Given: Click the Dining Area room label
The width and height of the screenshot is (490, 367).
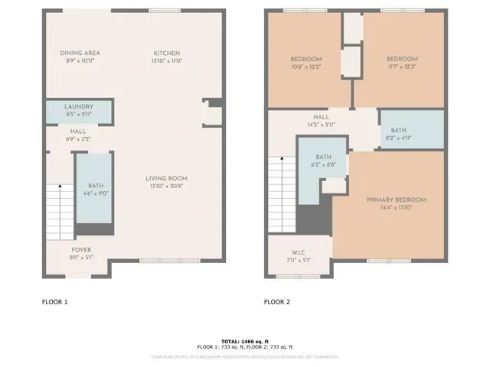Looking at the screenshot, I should pyautogui.click(x=80, y=53).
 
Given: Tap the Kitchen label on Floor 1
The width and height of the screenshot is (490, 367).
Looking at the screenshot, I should pyautogui.click(x=165, y=53).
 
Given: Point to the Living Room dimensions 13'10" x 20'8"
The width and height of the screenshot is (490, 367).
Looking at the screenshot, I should pyautogui.click(x=167, y=186).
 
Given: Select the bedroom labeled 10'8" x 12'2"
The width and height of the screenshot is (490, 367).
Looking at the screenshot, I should pyautogui.click(x=305, y=63).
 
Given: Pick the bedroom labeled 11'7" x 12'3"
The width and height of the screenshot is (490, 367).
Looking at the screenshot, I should pyautogui.click(x=401, y=63).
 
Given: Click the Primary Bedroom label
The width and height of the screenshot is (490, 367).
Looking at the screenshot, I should pyautogui.click(x=396, y=200).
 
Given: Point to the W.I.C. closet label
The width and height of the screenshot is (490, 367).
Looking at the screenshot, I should pyautogui.click(x=300, y=255).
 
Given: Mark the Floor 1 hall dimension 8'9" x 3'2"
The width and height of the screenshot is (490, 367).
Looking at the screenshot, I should pyautogui.click(x=80, y=140).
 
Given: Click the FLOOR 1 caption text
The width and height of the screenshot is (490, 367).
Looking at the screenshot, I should pyautogui.click(x=54, y=302).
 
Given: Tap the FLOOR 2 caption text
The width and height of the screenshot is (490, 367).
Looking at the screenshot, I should pyautogui.click(x=277, y=302).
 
